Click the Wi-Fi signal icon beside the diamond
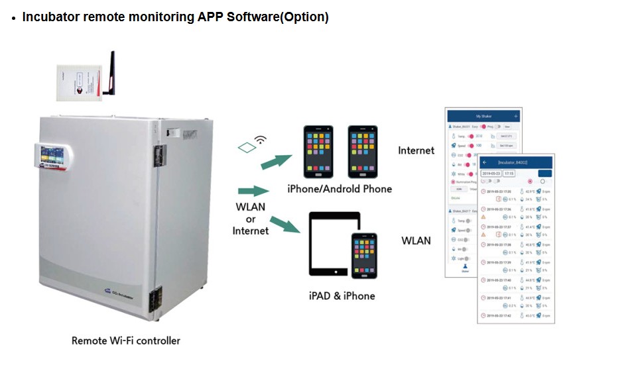261,140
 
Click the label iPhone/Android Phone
340,189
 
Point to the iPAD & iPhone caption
343,295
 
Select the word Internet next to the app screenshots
416,150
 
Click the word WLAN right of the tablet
416,241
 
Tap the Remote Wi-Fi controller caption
125,341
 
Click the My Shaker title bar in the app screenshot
481,116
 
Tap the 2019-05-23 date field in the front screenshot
491,174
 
